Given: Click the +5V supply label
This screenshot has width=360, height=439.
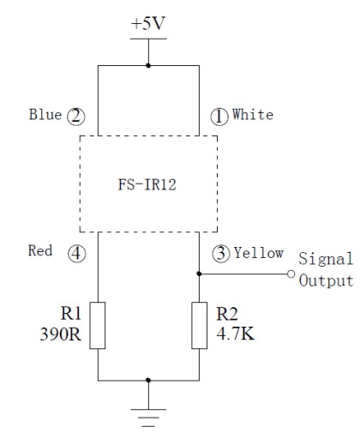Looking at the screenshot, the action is [148, 23].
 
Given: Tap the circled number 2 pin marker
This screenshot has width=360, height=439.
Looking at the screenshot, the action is [76, 117].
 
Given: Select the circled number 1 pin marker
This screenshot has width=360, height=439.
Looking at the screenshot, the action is [219, 117].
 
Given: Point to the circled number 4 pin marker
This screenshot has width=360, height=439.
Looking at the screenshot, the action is [76, 253].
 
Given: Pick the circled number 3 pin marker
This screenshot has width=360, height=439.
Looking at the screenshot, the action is [221, 253].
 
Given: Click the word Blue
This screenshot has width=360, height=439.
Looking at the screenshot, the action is [45, 114].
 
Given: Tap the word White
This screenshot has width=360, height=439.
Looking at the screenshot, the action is [253, 114].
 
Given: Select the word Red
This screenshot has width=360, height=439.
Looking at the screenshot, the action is [40, 250].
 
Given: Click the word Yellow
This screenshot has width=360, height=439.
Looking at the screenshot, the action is [259, 253].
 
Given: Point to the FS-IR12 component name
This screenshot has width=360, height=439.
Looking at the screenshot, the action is [147, 184].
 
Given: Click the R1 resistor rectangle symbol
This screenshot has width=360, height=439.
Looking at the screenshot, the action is [98, 325].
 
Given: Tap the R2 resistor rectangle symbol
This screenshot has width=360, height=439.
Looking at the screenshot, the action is [200, 325].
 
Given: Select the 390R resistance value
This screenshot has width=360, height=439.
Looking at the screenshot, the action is [61, 334].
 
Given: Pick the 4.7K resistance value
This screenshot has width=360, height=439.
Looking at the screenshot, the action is [236, 334].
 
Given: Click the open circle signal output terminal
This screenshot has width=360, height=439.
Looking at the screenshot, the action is [291, 274].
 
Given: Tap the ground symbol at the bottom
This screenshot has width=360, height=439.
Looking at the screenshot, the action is [148, 418].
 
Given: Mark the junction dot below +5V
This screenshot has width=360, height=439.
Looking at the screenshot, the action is [148, 65].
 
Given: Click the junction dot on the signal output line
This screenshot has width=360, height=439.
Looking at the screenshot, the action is [199, 274].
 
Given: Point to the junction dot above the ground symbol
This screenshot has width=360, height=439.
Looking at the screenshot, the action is [148, 380].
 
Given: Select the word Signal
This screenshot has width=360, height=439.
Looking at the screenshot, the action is [326, 260].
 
